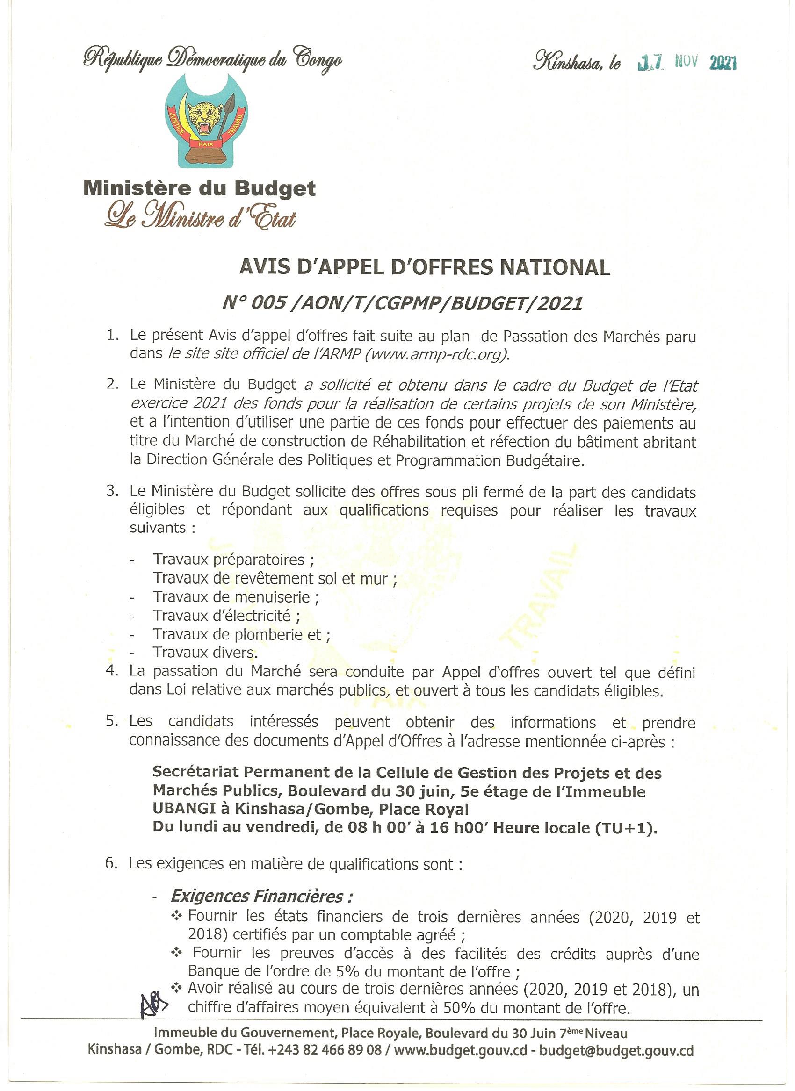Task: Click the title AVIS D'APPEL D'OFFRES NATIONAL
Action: [x=425, y=267]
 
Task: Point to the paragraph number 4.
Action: [x=112, y=671]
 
